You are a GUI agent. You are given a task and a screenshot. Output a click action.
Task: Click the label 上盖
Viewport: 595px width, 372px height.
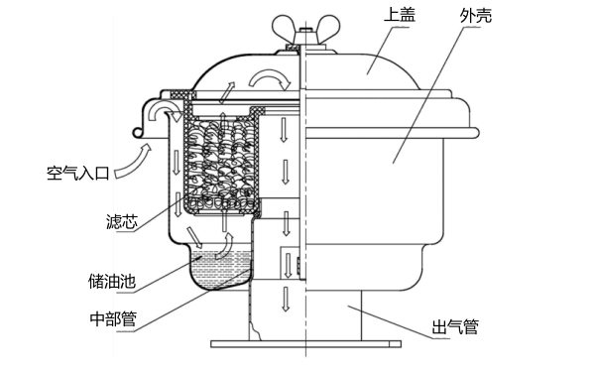[x=400, y=15]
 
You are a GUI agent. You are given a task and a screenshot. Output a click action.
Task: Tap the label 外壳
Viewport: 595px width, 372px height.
[x=476, y=16]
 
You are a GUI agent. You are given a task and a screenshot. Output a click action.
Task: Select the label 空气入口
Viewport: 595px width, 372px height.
[x=77, y=173]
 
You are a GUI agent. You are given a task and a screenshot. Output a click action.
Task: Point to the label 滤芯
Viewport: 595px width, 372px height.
[x=122, y=221]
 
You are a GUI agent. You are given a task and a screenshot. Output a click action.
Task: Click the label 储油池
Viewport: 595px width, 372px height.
[x=112, y=282]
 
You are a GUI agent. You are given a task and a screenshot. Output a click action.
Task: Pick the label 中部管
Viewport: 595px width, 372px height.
[x=113, y=318]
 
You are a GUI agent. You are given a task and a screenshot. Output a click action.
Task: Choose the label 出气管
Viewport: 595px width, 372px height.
[x=455, y=326]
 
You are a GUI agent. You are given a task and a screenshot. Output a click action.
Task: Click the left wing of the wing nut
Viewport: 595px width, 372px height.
[x=284, y=28]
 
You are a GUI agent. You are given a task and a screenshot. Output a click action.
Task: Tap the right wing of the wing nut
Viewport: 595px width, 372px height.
[x=327, y=28]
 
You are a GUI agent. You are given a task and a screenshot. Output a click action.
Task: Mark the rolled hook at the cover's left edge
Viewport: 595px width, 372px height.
[x=139, y=131]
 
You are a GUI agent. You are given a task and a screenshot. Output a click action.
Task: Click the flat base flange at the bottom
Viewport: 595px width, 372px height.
[x=305, y=344]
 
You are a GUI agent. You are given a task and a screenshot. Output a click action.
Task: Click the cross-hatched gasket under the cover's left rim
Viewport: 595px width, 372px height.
[x=179, y=94]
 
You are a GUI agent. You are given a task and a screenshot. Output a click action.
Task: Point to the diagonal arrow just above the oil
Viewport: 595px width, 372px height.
[x=194, y=238]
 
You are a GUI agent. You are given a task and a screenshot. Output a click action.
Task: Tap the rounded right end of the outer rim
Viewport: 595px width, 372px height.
[x=476, y=133]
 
